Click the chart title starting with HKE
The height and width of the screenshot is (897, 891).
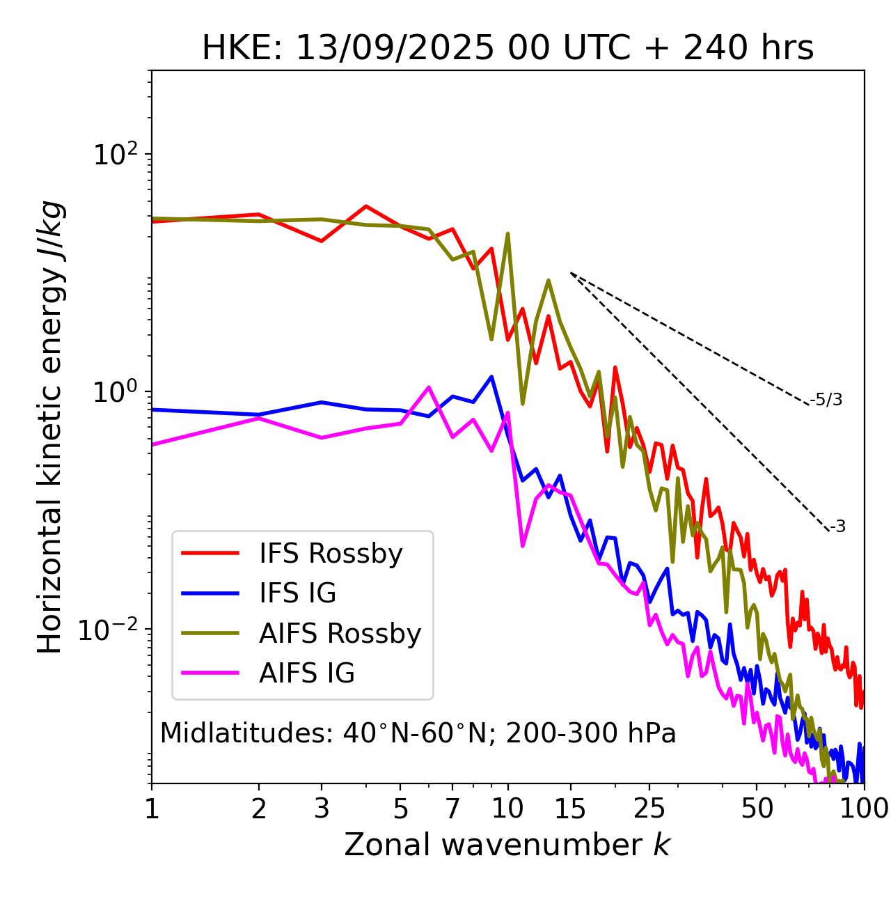507,48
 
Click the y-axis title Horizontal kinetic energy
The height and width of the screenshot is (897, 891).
51,427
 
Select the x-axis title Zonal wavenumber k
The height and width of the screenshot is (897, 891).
507,845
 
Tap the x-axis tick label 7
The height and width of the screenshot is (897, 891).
452,809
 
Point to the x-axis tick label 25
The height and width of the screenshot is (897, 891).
649,809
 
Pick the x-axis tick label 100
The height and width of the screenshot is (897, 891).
864,809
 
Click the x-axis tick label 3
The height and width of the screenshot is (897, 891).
322,809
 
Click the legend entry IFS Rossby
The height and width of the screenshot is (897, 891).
331,554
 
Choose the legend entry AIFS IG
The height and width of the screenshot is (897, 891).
307,673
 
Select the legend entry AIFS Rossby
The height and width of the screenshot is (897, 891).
340,634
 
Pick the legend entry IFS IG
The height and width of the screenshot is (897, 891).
297,593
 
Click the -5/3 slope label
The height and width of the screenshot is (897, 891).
826,400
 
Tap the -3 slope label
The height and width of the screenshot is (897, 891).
837,526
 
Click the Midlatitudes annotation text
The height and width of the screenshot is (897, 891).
418,733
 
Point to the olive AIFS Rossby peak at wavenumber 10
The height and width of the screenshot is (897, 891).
507,234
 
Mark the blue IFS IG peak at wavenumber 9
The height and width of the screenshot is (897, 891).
491,377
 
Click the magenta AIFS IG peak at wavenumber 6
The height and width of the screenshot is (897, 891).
429,387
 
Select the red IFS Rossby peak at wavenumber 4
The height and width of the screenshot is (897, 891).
366,206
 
